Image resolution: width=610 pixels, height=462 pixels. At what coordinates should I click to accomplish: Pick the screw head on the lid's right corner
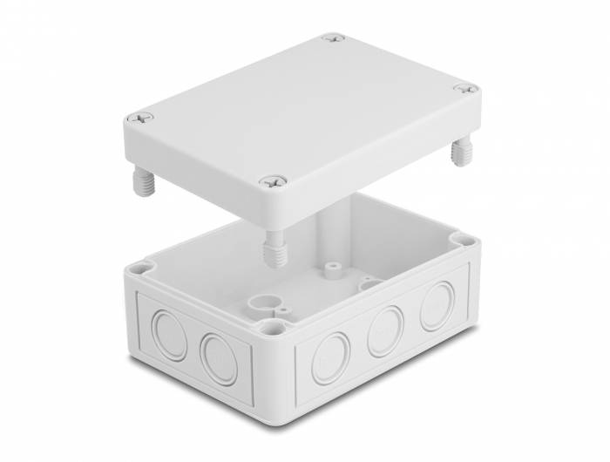464,89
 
